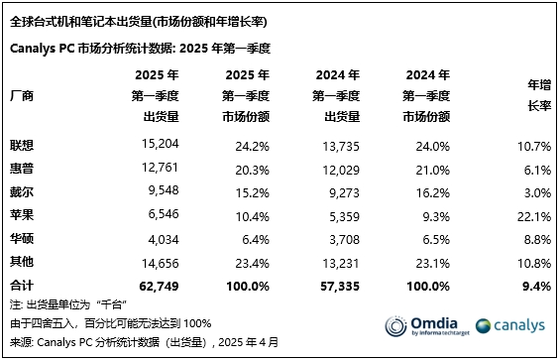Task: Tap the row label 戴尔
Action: click(21, 191)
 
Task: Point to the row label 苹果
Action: click(21, 215)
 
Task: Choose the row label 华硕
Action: click(21, 239)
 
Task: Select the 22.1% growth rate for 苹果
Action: click(533, 216)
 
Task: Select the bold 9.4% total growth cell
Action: click(536, 286)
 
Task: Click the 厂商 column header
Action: click(21, 96)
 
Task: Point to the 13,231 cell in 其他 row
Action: click(338, 263)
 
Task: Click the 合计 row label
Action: click(21, 286)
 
